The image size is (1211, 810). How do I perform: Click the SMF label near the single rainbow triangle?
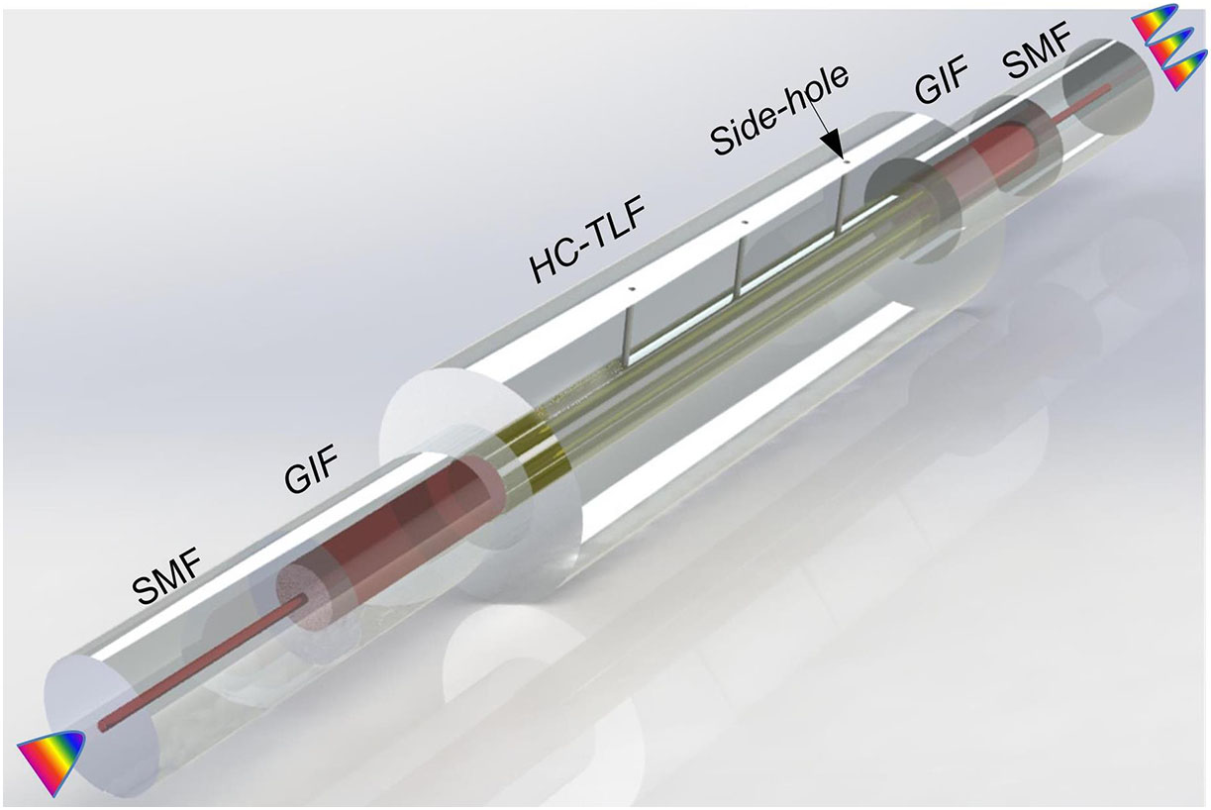point(167,576)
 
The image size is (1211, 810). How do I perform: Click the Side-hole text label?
point(779,111)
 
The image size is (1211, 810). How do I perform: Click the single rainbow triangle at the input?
point(51,760)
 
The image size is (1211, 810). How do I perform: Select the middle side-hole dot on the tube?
point(745,222)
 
